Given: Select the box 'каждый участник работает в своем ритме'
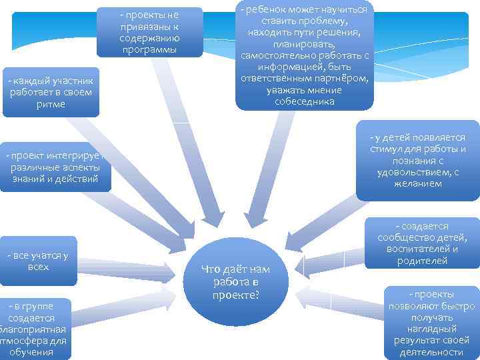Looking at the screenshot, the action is (x=51, y=92).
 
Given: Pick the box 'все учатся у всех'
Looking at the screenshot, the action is (x=39, y=261).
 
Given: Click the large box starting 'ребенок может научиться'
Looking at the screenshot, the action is (x=304, y=55).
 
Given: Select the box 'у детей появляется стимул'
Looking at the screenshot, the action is (x=417, y=160).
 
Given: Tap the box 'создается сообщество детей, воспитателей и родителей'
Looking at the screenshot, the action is (x=422, y=243).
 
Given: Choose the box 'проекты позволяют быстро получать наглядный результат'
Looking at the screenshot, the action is (x=433, y=323).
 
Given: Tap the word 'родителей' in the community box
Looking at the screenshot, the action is (x=422, y=261).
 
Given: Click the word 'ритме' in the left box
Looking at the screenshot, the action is (x=51, y=104).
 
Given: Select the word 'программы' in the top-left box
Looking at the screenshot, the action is (x=149, y=49).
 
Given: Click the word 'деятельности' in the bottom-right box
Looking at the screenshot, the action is (x=433, y=352).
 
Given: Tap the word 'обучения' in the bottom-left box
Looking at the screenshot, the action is (x=31, y=353).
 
